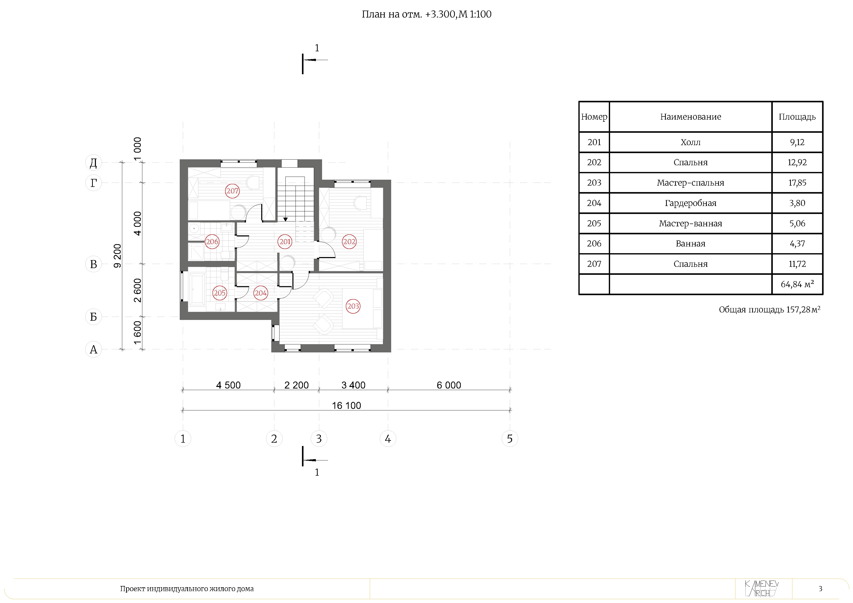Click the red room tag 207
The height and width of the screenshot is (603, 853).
tap(232, 191)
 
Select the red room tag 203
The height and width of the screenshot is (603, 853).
tap(353, 306)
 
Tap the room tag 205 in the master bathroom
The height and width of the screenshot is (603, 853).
tap(219, 293)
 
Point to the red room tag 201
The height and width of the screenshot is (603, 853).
tap(285, 242)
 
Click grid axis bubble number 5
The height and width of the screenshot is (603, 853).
tap(510, 439)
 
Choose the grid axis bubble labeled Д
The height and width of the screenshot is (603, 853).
tap(94, 162)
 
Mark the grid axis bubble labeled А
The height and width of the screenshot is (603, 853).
tap(94, 349)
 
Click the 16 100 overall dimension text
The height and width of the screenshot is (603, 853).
tap(346, 405)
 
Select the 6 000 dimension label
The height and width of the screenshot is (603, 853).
tap(449, 385)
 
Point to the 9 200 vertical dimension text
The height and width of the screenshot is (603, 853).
tap(117, 256)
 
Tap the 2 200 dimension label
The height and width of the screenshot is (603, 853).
tap(297, 385)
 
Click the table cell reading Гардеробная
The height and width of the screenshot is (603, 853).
tap(690, 203)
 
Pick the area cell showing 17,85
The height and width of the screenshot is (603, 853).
tap(797, 183)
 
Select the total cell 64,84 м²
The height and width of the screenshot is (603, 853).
tap(797, 284)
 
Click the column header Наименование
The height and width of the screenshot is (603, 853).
tap(690, 117)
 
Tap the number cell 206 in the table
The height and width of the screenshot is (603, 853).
tap(594, 243)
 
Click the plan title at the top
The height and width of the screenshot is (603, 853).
tap(426, 14)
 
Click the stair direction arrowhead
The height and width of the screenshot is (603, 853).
tap(285, 219)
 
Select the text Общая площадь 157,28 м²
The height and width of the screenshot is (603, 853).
tap(769, 309)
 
